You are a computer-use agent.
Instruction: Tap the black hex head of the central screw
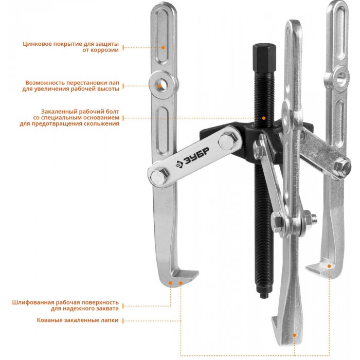pos(264,58)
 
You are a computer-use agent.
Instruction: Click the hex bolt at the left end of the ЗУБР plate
pos(159,176)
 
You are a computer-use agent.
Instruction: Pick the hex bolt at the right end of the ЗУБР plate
pos(227,141)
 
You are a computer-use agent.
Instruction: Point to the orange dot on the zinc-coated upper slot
pos(163,47)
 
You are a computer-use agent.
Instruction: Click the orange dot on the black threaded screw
pos(264,118)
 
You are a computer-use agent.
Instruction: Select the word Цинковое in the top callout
pos(37,44)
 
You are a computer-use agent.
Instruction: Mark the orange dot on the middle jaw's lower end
pos(294,335)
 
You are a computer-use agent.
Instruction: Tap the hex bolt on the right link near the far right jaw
pos(342,167)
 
